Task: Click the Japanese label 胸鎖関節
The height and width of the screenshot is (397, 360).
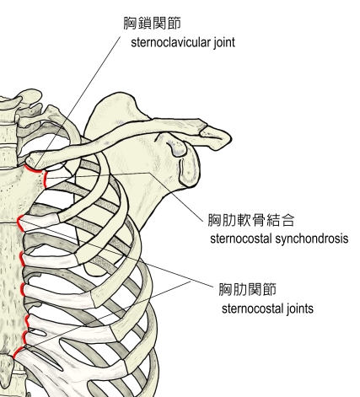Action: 153,23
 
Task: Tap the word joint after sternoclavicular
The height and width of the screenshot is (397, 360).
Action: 224,43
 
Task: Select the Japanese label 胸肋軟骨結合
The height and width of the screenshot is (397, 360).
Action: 251,220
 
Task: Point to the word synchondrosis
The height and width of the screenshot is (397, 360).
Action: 312,239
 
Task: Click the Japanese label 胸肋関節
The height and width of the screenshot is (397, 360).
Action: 248,289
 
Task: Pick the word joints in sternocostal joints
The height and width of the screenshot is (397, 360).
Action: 300,308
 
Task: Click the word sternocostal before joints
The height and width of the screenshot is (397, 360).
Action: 253,309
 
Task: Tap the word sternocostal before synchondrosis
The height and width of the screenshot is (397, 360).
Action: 241,239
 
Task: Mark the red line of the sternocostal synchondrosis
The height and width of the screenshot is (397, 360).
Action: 45,180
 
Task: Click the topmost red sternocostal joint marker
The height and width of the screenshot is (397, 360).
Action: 19,223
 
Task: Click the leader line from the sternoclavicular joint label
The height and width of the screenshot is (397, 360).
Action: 78,101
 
